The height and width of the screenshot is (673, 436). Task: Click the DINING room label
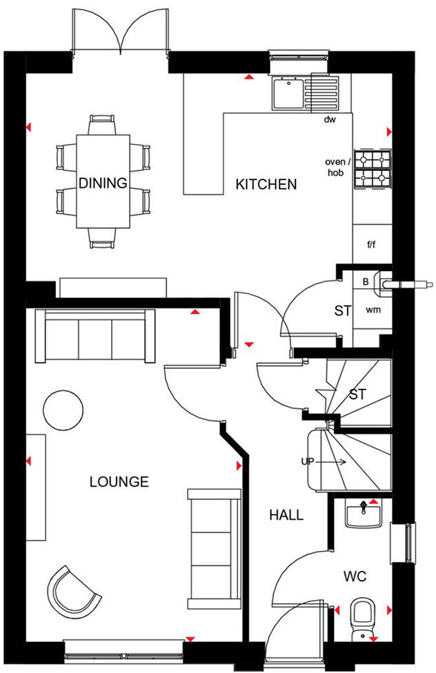pos(103,183)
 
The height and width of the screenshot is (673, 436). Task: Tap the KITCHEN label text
pos(266,185)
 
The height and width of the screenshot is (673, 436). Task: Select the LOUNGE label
pos(119,481)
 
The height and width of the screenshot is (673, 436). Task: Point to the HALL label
pos(286,515)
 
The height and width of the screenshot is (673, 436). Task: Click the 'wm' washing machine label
pos(373,310)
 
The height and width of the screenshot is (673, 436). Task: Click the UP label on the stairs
pos(308,461)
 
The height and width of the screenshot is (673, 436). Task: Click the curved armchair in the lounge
pos(72,590)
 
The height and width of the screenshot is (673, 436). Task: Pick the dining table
pos(103,181)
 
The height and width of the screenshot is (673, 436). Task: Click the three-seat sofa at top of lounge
pos(95,336)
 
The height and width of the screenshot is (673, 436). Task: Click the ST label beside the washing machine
pos(343,311)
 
